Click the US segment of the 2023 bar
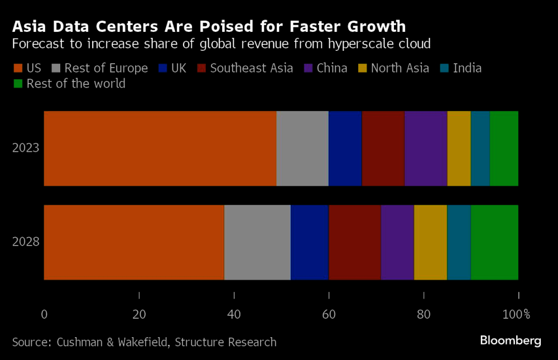(x=160, y=148)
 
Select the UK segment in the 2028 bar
(x=310, y=242)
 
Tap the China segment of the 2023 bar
(x=426, y=148)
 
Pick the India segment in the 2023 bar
(x=480, y=148)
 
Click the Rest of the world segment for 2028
(x=494, y=242)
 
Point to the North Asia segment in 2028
(x=430, y=242)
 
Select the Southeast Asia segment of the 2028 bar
(x=355, y=242)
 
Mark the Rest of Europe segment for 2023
(x=302, y=148)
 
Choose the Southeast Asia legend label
(x=252, y=69)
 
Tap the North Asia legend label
(x=400, y=69)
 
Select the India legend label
(x=467, y=69)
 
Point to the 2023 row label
(x=26, y=148)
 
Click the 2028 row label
(x=26, y=242)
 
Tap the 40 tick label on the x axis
(x=234, y=314)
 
